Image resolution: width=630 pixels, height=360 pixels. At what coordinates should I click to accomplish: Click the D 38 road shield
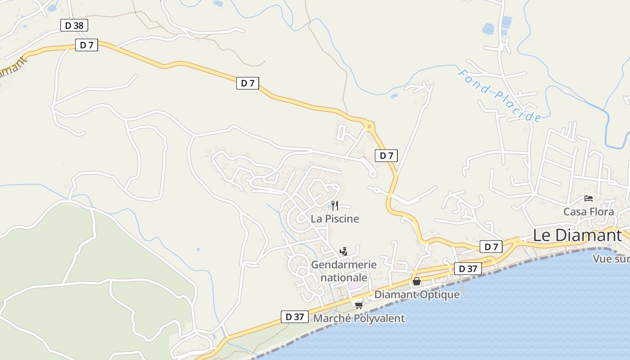74,25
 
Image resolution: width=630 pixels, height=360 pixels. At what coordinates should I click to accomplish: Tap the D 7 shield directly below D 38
86,45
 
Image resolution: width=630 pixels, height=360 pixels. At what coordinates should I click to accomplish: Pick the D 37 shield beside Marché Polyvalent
295,317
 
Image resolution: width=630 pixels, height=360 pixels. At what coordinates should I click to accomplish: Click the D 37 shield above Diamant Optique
468,269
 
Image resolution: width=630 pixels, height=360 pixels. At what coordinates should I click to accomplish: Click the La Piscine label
335,219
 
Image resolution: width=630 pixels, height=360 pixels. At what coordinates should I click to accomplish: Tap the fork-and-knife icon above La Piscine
335,206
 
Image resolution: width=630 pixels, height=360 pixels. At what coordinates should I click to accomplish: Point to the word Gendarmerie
343,264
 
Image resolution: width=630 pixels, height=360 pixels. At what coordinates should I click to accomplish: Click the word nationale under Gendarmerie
343,278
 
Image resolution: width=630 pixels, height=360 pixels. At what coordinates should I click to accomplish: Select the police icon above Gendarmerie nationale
344,251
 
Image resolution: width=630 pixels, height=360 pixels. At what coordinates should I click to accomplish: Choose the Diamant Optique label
417,295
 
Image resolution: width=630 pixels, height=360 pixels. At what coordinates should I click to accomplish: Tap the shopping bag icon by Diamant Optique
417,282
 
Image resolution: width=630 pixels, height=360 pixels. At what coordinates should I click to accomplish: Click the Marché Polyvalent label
359,319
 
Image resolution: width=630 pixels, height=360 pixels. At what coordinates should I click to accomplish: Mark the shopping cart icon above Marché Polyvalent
359,305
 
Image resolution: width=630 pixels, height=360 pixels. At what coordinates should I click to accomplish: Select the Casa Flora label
589,211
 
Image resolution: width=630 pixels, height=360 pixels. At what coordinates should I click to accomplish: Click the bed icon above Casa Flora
589,198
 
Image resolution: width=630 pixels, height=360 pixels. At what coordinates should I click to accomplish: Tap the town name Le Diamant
577,235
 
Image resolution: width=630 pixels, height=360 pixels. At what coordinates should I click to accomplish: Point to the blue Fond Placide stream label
499,95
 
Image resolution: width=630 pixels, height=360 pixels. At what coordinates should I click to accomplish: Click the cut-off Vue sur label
611,259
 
